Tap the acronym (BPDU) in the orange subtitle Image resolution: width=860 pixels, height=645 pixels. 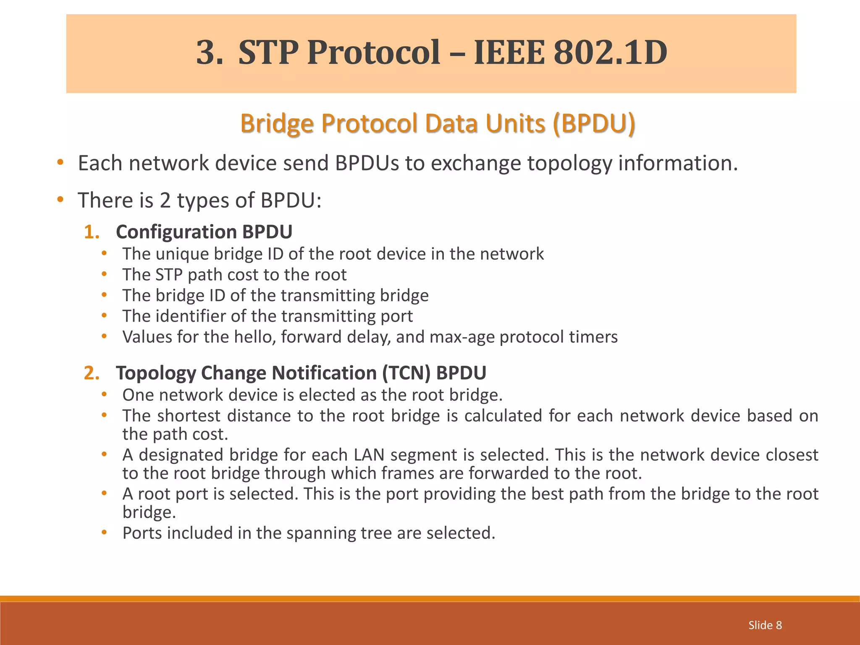594,123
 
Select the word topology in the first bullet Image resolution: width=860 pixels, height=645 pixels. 569,163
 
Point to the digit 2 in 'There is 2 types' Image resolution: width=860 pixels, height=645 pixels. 165,200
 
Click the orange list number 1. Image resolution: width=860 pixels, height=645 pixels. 92,232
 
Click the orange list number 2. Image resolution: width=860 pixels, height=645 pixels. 92,373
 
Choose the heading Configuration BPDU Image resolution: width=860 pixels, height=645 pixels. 204,232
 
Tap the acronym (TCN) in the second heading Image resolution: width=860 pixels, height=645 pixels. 406,373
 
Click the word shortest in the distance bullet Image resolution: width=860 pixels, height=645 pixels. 189,416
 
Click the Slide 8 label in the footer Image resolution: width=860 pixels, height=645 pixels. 765,625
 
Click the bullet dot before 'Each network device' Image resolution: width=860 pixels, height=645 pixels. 60,163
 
